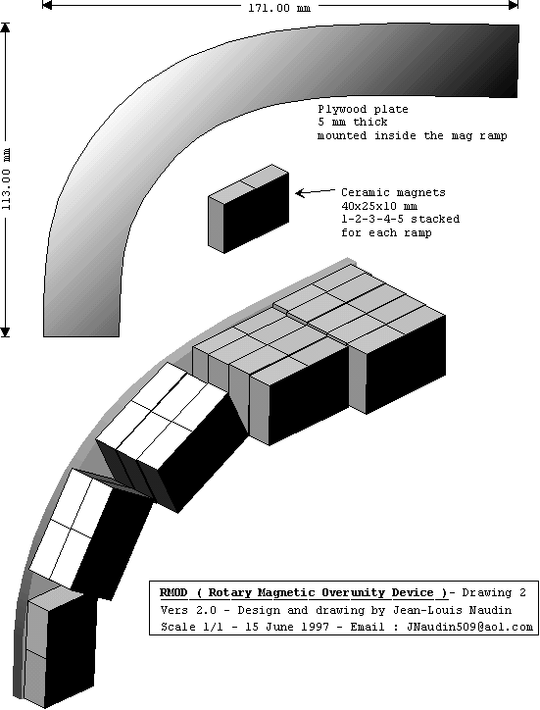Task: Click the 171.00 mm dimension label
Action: click(279, 8)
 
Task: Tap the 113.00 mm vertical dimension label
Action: click(6, 179)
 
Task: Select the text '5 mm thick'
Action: click(352, 123)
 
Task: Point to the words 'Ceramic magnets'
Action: click(393, 192)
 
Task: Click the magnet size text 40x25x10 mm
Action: click(379, 206)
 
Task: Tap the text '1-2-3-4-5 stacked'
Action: click(400, 219)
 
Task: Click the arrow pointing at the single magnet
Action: click(315, 192)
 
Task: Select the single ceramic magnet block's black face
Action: click(256, 212)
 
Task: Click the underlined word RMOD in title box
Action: click(173, 592)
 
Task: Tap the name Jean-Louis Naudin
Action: click(452, 610)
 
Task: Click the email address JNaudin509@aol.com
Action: click(469, 628)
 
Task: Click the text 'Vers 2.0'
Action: click(188, 610)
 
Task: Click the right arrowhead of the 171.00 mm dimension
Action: click(514, 6)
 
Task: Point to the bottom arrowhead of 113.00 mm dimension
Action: click(5, 332)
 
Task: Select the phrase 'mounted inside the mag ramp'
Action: click(413, 136)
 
